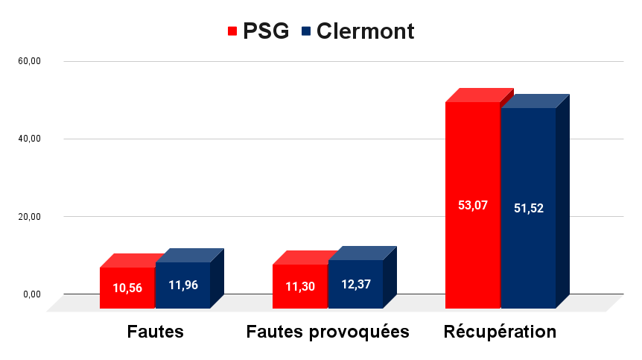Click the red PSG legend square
pyautogui.click(x=232, y=31)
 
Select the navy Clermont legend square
pyautogui.click(x=305, y=31)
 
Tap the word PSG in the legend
pyautogui.click(x=266, y=31)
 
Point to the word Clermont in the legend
pyautogui.click(x=364, y=31)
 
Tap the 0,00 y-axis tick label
pyautogui.click(x=31, y=294)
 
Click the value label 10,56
pyautogui.click(x=127, y=288)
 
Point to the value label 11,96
pyautogui.click(x=183, y=285)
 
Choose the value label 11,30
pyautogui.click(x=300, y=285)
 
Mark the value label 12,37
pyautogui.click(x=355, y=284)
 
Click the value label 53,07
pyautogui.click(x=473, y=205)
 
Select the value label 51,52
pyautogui.click(x=529, y=208)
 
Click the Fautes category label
pyautogui.click(x=155, y=332)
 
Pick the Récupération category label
pyautogui.click(x=500, y=332)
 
